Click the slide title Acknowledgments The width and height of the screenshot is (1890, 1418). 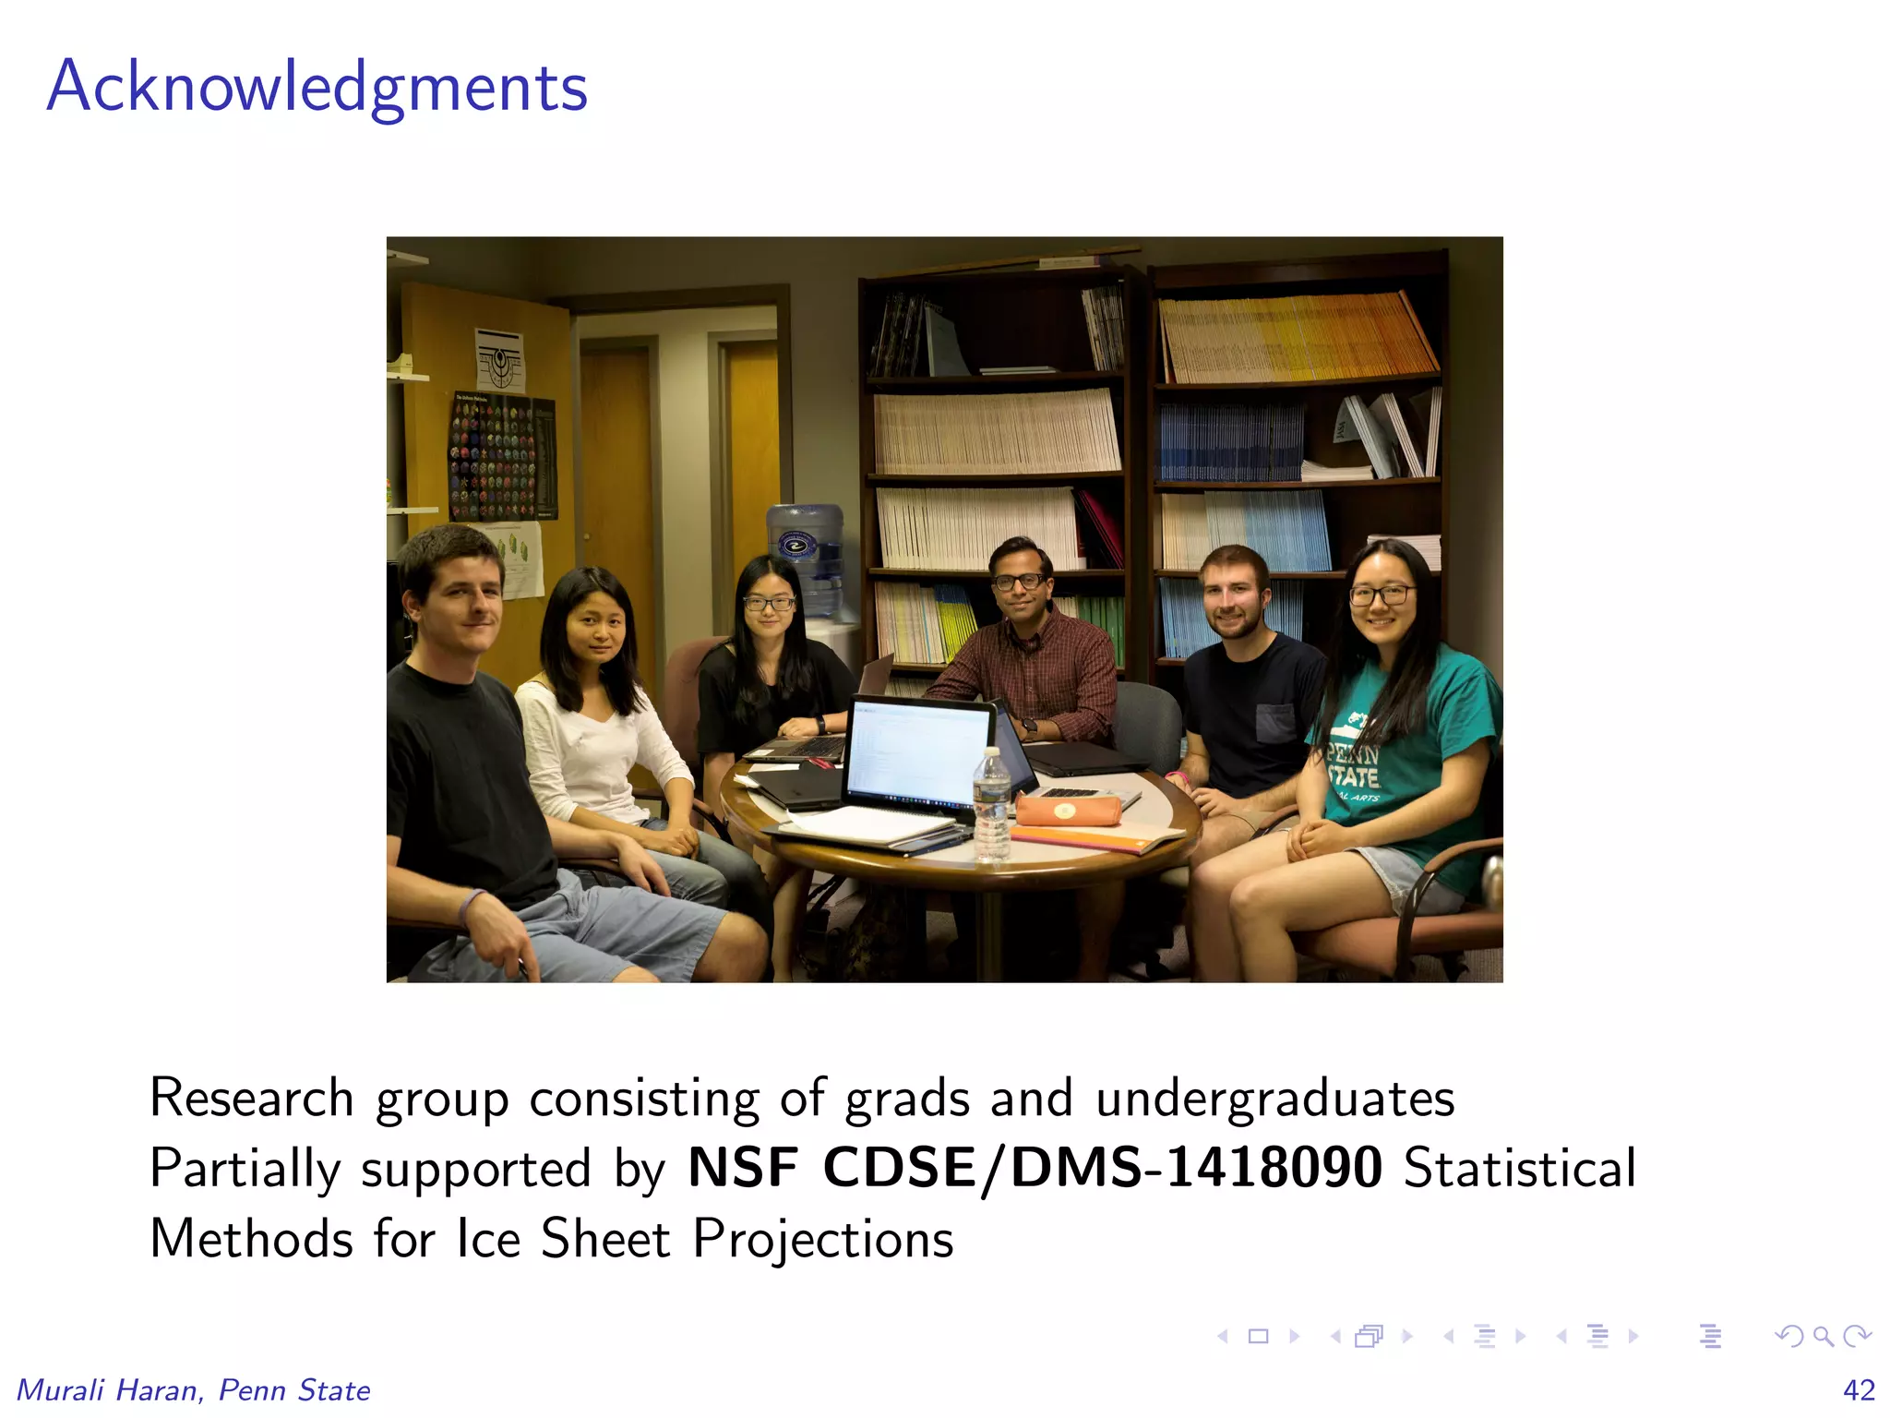[x=317, y=88]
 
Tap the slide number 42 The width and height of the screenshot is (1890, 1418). [x=1859, y=1389]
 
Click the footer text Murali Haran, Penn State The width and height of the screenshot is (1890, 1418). [x=194, y=1389]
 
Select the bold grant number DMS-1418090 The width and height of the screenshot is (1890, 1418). [x=1197, y=1167]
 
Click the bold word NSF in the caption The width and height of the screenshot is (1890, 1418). [x=743, y=1167]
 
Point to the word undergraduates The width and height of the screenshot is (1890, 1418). [x=1275, y=1099]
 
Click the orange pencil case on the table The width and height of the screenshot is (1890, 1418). [x=1068, y=811]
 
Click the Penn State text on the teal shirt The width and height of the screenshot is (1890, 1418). [x=1354, y=763]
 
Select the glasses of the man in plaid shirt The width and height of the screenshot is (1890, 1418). [x=1019, y=582]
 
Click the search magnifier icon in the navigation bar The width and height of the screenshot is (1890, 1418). [x=1822, y=1335]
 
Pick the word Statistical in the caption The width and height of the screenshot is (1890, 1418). [x=1519, y=1167]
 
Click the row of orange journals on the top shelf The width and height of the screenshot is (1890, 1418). [x=1298, y=338]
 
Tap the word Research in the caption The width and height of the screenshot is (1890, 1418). [x=251, y=1099]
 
